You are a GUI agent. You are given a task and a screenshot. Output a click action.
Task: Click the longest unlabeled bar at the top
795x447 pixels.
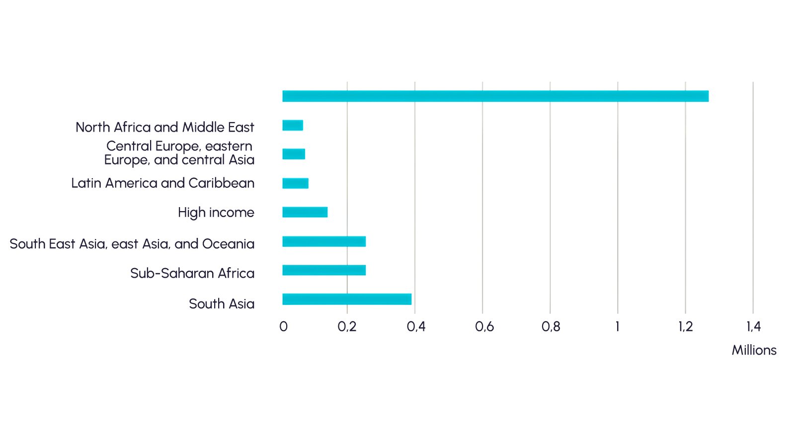(x=495, y=96)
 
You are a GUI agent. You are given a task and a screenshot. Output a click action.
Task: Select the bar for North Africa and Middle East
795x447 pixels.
(x=293, y=125)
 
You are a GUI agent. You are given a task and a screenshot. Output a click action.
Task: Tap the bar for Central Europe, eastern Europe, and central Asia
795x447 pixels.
(x=294, y=154)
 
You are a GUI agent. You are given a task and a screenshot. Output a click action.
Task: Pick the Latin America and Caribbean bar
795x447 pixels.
(x=295, y=183)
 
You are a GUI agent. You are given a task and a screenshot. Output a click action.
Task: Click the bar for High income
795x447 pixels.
(x=305, y=212)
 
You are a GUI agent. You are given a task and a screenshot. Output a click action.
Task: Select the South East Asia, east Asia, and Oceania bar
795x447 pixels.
(x=324, y=241)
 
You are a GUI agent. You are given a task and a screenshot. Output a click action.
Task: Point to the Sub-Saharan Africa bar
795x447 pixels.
(x=324, y=270)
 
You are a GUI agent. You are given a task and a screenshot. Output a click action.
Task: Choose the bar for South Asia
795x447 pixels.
(x=347, y=299)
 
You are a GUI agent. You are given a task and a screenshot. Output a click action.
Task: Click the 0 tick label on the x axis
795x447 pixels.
(x=283, y=326)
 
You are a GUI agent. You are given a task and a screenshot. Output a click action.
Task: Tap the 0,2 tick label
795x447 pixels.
(x=347, y=326)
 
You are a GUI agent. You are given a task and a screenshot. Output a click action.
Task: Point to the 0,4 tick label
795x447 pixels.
(x=416, y=326)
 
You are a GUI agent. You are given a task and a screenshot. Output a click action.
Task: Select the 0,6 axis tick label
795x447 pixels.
(x=484, y=326)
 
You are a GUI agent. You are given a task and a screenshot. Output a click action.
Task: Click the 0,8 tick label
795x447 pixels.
(x=551, y=326)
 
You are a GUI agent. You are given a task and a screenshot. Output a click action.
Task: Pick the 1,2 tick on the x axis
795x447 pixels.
(x=686, y=326)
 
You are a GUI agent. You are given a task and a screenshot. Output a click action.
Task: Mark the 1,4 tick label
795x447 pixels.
(x=753, y=326)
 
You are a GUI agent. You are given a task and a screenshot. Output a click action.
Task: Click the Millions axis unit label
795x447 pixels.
(x=754, y=350)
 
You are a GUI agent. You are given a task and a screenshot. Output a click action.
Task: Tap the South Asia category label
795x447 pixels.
(x=222, y=303)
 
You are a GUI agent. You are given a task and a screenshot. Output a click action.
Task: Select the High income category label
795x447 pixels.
(x=216, y=213)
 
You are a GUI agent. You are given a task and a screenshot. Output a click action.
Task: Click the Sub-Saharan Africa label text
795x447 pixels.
(x=192, y=273)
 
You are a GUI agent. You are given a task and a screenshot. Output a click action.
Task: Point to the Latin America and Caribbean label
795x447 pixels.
(x=162, y=183)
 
